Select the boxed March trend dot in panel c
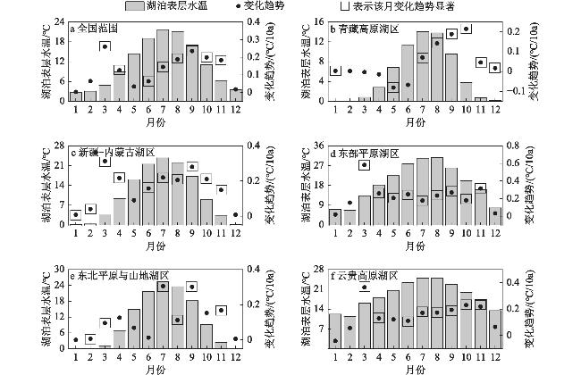click(105, 162)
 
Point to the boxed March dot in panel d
click(364, 165)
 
